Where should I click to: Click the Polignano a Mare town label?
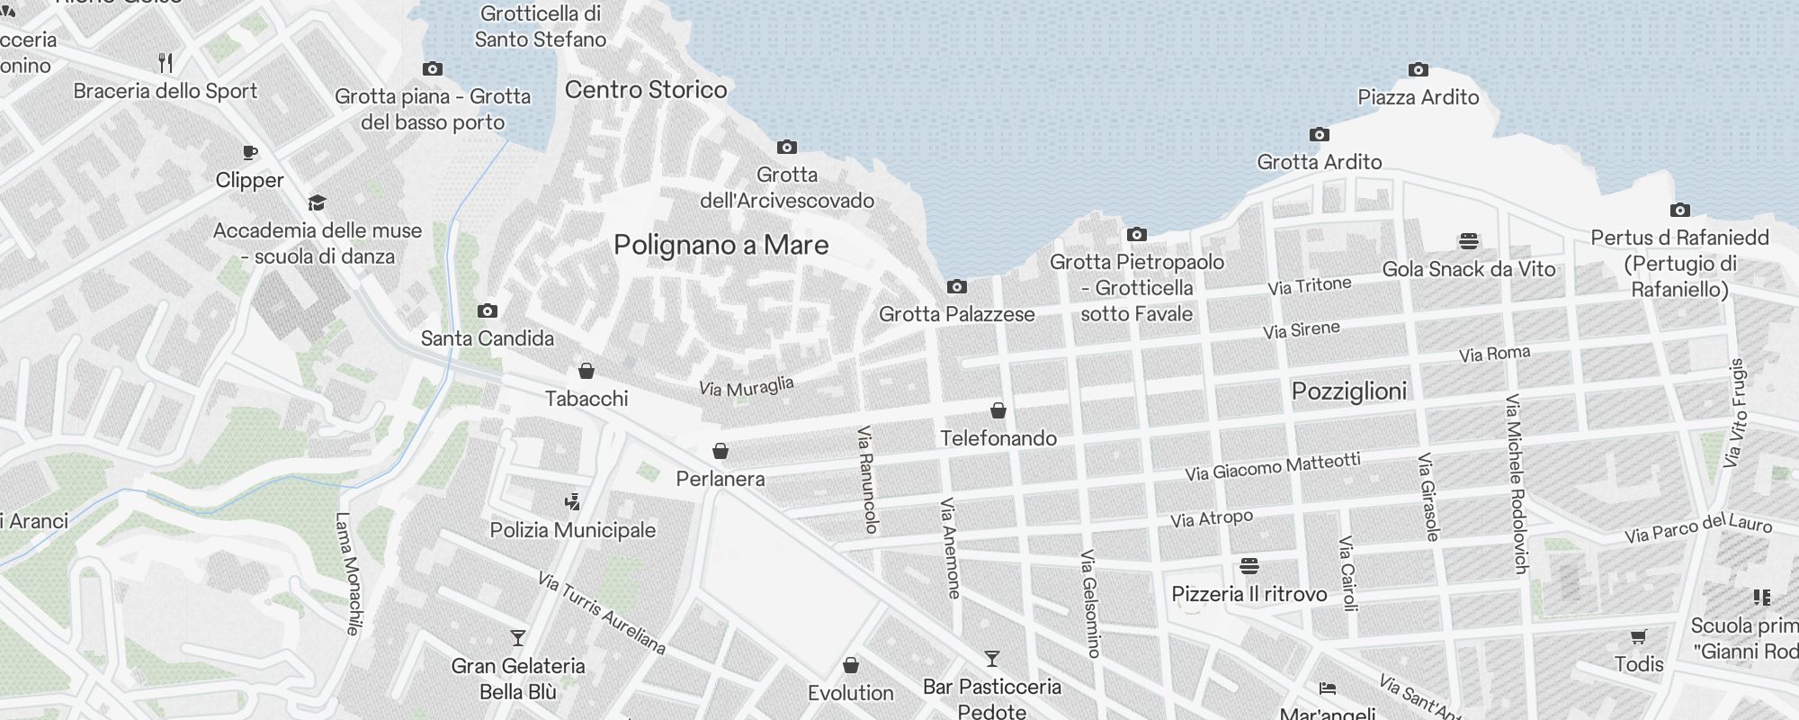point(720,245)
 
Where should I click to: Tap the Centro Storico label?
point(646,89)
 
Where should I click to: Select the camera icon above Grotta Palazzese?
point(957,287)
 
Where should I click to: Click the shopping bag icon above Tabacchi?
point(586,371)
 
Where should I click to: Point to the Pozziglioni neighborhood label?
point(1348,391)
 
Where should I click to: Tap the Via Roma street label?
point(1494,354)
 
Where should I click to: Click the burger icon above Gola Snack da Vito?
point(1468,241)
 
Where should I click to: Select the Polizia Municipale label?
point(573,530)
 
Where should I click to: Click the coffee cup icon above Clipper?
point(250,153)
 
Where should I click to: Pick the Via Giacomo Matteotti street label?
point(1272,466)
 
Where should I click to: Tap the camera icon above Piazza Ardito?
point(1418,69)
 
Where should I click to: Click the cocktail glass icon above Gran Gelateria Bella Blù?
point(518,638)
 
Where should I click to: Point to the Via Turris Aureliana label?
point(602,612)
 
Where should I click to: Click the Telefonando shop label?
point(998,438)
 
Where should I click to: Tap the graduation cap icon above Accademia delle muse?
point(317,202)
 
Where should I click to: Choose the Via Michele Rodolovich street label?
point(1517,483)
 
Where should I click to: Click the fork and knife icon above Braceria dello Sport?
point(166,63)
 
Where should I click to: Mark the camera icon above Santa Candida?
point(488,311)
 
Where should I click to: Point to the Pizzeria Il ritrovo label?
point(1249,594)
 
